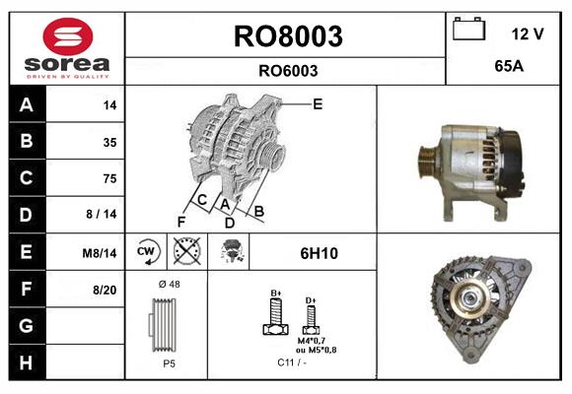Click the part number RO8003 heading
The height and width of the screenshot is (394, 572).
287,36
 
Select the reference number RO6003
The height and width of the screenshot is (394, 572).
287,70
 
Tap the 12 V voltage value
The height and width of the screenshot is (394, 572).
528,33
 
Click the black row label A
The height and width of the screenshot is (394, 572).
25,105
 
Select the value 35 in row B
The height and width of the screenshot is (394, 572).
108,142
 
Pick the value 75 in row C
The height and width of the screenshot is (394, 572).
108,178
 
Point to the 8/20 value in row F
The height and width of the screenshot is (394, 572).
103,290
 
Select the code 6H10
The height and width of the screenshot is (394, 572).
319,253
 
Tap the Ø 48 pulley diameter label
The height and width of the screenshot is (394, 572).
169,285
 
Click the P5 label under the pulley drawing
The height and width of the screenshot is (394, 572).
169,363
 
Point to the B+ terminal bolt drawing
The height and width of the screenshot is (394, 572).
275,315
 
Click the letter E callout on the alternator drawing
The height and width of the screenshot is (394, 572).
318,103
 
